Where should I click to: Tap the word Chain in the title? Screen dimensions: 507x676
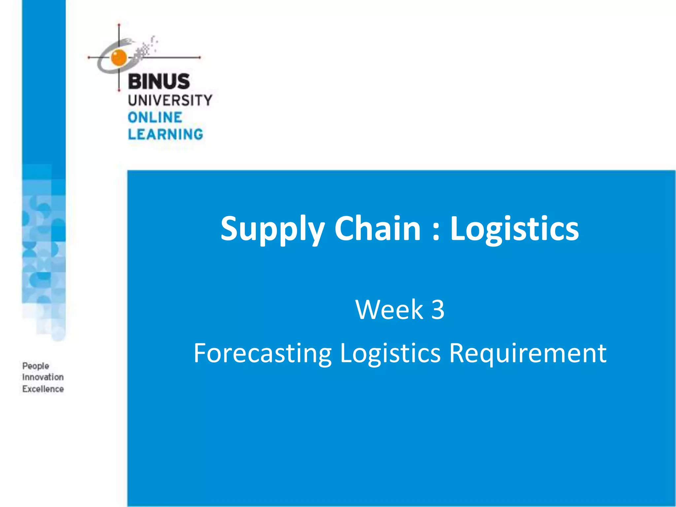click(x=378, y=228)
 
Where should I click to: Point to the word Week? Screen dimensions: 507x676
click(x=389, y=310)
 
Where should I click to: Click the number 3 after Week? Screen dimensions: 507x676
click(x=438, y=310)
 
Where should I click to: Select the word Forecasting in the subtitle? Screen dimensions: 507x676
click(x=262, y=353)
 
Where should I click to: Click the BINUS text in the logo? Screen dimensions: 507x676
click(x=159, y=82)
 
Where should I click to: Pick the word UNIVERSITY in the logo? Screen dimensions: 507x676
click(x=170, y=100)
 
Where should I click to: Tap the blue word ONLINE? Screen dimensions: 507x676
click(x=155, y=118)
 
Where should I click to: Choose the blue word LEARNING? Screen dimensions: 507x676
click(x=165, y=134)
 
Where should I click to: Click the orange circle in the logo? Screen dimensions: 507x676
click(x=119, y=57)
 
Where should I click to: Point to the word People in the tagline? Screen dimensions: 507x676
click(x=36, y=366)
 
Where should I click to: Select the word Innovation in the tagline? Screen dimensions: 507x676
click(x=43, y=377)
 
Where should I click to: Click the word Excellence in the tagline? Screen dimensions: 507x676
click(x=43, y=389)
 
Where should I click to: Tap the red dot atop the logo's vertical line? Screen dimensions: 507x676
click(x=119, y=25)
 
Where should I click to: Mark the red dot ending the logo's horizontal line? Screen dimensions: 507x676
click(x=200, y=57)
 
